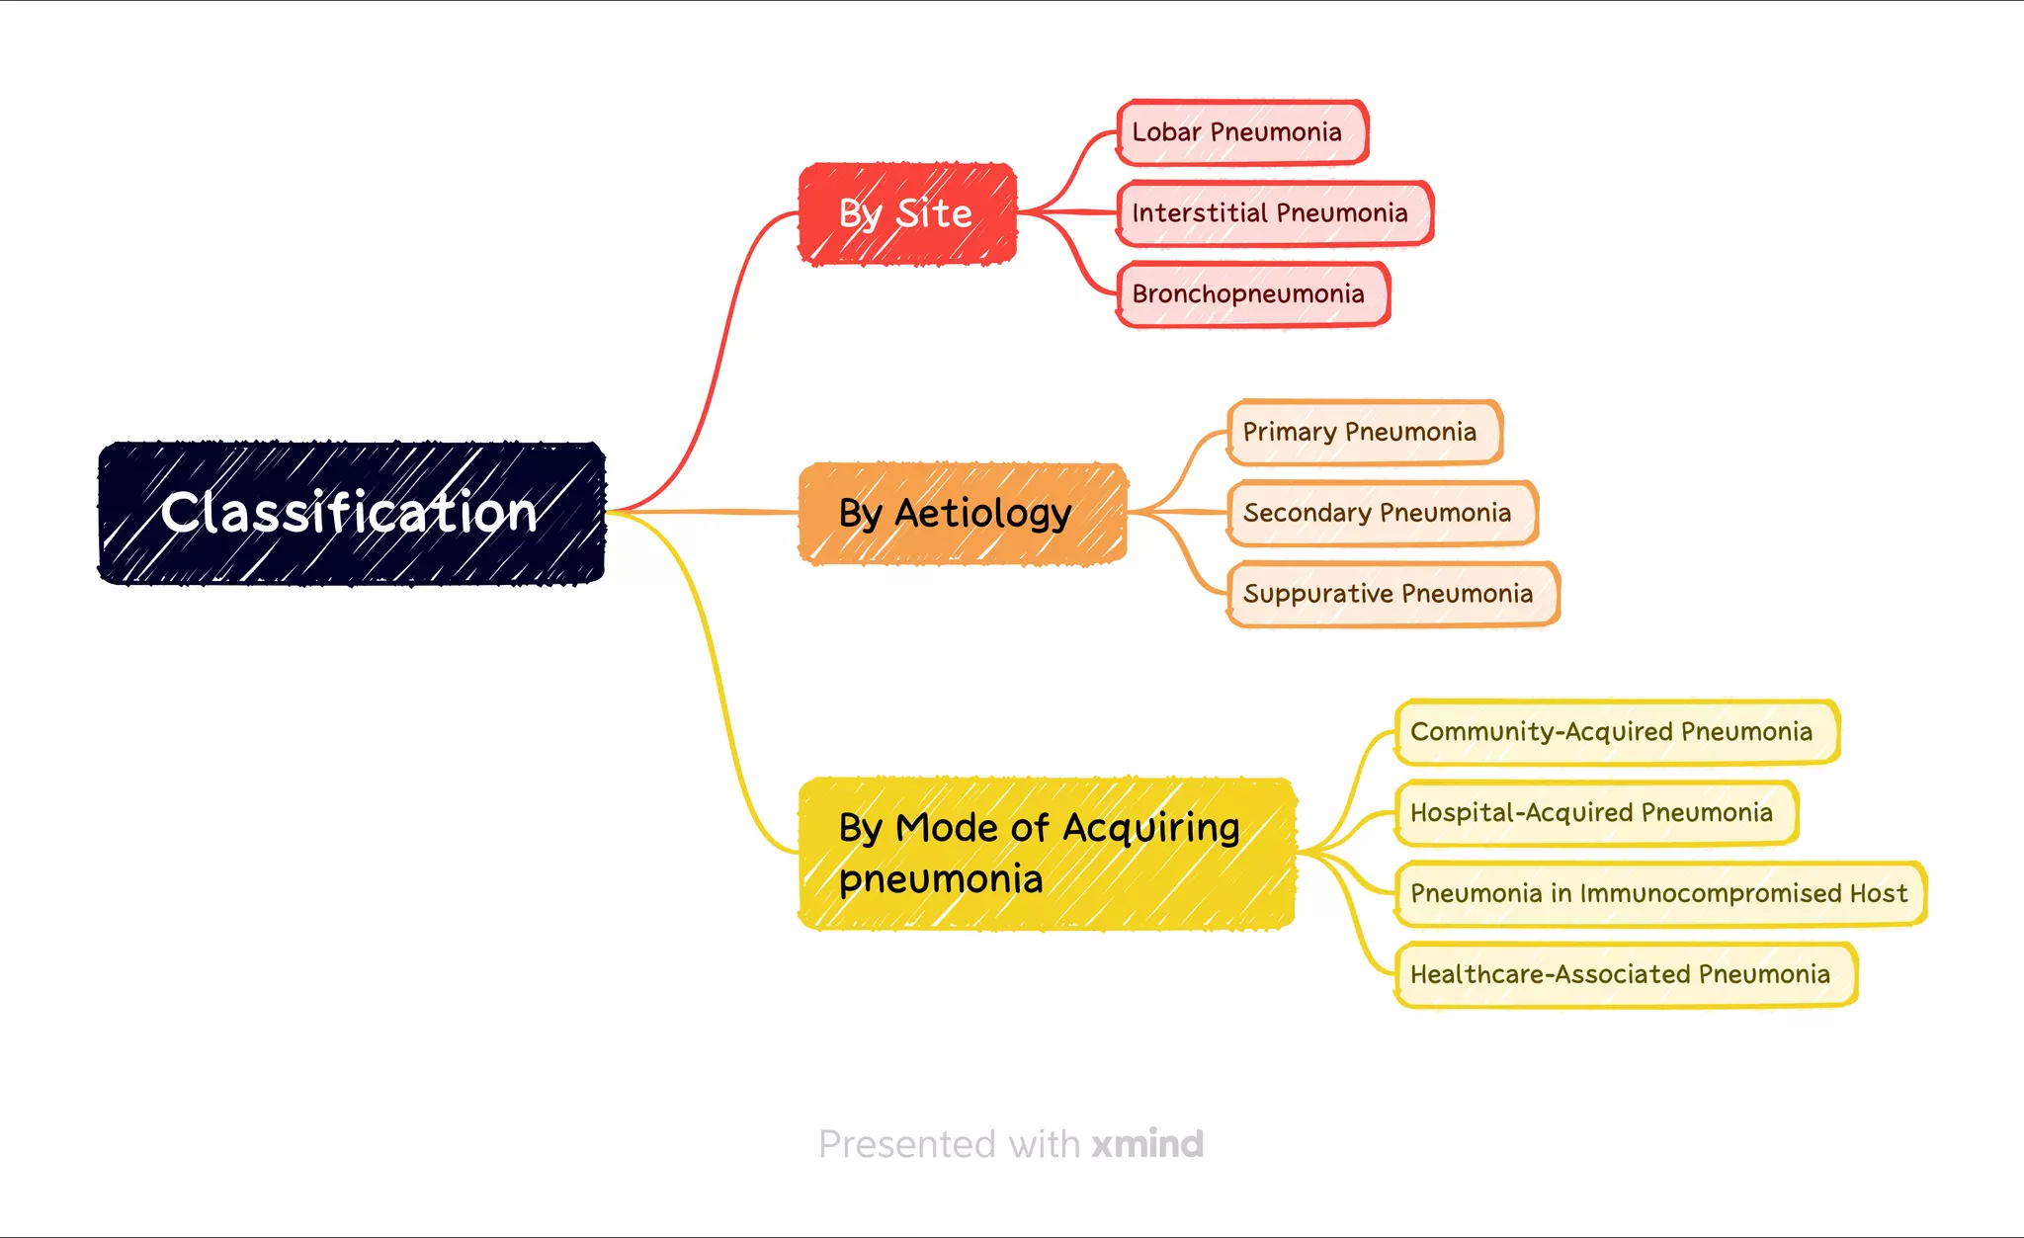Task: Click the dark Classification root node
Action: [351, 513]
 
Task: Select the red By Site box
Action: [906, 213]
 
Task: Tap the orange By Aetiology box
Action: [962, 513]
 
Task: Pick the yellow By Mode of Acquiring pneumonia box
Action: [1046, 853]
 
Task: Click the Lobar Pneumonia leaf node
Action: [1241, 131]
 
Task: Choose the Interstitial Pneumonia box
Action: [1273, 212]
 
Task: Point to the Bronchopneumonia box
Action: [1252, 293]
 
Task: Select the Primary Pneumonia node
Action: [1363, 432]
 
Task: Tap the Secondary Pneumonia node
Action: [1381, 513]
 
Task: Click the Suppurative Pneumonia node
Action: [1391, 594]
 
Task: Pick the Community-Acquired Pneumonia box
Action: [1615, 732]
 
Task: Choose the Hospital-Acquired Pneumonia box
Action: [1594, 813]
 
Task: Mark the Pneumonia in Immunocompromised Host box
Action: [1658, 894]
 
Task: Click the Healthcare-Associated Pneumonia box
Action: [1624, 975]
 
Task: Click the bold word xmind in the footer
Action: [1147, 1144]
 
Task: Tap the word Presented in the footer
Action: [907, 1144]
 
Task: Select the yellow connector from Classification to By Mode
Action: [714, 672]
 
